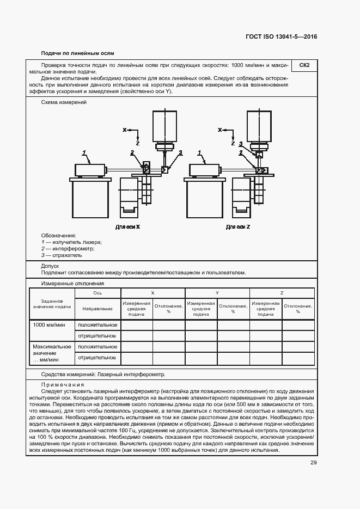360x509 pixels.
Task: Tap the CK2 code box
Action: point(304,65)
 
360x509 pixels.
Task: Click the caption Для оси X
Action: point(128,226)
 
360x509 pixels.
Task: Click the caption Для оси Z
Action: point(238,226)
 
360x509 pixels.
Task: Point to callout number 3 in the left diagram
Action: point(181,152)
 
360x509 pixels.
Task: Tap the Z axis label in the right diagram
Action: point(233,144)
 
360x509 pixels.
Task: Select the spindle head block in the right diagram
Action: point(258,125)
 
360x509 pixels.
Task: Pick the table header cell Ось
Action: point(97,293)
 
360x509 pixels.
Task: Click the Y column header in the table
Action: point(217,293)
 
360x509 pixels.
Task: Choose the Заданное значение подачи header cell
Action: point(52,303)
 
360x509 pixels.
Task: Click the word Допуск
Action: point(50,266)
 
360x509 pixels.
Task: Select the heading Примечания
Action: point(62,384)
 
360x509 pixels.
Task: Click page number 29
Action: point(313,463)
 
